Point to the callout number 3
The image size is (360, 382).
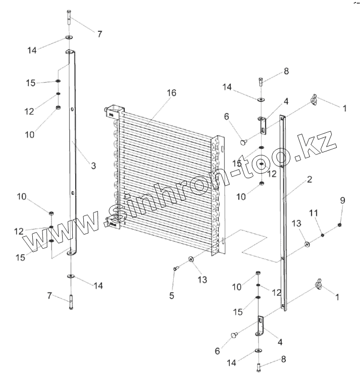click(x=93, y=166)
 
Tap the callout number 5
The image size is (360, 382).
click(x=172, y=296)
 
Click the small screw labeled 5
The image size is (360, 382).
click(x=175, y=269)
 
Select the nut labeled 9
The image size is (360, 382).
click(x=340, y=225)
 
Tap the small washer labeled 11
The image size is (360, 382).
click(x=322, y=234)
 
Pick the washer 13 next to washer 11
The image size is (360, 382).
click(x=306, y=245)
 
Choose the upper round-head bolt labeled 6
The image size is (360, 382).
click(x=243, y=142)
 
